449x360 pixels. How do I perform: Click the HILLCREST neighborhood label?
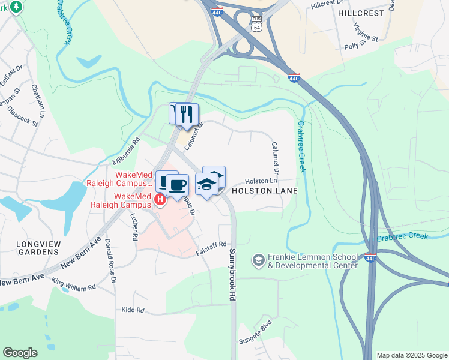click(360, 12)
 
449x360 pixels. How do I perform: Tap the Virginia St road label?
click(365, 32)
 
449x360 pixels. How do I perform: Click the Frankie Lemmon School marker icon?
click(258, 260)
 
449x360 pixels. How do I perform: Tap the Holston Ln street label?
click(261, 181)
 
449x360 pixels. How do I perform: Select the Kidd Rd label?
click(133, 310)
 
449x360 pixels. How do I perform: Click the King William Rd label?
click(74, 284)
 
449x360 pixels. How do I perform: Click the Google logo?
click(20, 353)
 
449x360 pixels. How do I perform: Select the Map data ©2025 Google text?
click(411, 355)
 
